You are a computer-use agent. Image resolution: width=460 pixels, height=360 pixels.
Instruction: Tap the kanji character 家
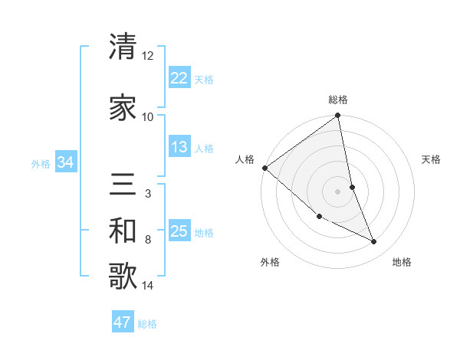pyautogui.click(x=123, y=107)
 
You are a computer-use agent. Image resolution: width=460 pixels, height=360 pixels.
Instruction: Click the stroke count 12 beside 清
pyautogui.click(x=147, y=56)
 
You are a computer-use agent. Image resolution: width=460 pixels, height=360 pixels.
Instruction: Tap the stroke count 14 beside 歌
pyautogui.click(x=147, y=286)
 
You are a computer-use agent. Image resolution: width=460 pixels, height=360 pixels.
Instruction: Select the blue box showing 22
pyautogui.click(x=179, y=78)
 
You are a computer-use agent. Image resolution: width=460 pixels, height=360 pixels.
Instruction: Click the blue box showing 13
pyautogui.click(x=179, y=147)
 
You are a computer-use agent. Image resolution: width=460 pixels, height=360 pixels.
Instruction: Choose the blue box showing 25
pyautogui.click(x=179, y=231)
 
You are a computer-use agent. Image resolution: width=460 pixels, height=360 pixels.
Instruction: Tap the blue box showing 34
pyautogui.click(x=66, y=162)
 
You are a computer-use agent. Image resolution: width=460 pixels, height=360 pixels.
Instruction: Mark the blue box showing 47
pyautogui.click(x=123, y=322)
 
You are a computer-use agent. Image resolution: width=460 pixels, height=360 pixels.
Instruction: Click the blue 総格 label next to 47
pyautogui.click(x=147, y=324)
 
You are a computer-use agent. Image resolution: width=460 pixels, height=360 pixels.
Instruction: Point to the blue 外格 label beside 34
pyautogui.click(x=41, y=163)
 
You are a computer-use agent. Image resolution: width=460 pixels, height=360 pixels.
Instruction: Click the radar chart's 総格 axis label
pyautogui.click(x=338, y=100)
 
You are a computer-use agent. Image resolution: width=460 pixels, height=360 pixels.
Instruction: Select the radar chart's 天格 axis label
pyautogui.click(x=432, y=159)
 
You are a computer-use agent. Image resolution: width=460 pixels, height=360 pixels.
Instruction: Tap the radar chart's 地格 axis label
pyautogui.click(x=402, y=263)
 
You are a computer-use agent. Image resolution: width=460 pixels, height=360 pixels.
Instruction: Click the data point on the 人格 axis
pyautogui.click(x=264, y=168)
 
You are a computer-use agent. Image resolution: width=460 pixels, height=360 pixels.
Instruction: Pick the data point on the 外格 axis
pyautogui.click(x=319, y=216)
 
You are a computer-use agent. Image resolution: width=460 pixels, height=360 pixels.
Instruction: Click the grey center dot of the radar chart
pyautogui.click(x=338, y=191)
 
